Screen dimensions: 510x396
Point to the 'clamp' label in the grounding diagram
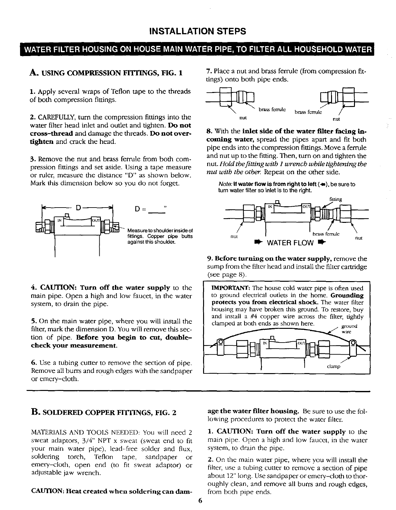(x=334, y=366)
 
